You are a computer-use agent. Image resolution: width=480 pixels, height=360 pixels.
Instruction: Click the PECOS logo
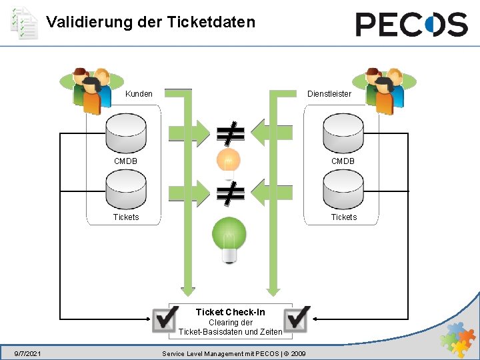point(411,25)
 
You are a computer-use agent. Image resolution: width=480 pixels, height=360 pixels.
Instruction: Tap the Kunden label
point(139,94)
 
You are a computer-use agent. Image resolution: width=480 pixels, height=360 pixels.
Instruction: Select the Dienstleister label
point(329,94)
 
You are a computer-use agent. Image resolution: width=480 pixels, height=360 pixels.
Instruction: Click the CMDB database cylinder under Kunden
point(126,133)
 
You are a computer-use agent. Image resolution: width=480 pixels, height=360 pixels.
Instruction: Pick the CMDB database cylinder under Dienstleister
point(343,133)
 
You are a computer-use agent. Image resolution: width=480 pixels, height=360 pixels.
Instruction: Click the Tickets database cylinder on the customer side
point(126,191)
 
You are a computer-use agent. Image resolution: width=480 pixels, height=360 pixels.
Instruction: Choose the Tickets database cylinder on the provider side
point(343,191)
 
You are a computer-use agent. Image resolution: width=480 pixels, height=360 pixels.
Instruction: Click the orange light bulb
point(228,161)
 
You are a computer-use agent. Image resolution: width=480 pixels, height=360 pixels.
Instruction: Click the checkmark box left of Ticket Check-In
point(164,319)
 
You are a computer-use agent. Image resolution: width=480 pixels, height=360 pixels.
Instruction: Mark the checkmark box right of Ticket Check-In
point(297,319)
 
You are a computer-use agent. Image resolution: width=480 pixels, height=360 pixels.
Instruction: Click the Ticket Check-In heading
point(231,312)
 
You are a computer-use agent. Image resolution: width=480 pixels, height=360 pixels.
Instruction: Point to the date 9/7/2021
point(28,353)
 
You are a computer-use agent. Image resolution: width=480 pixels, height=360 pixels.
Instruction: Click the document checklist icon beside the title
point(24,23)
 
